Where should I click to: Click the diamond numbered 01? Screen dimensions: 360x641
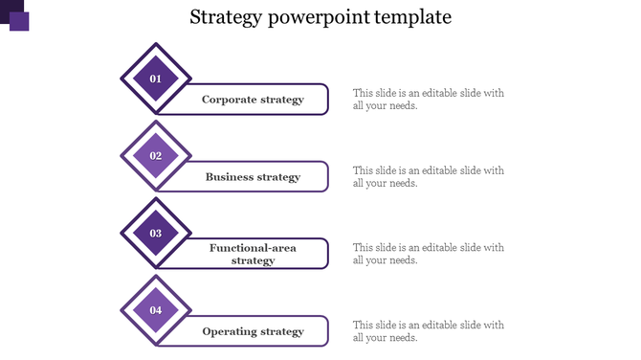pyautogui.click(x=156, y=79)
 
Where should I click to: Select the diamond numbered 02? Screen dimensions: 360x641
pyautogui.click(x=156, y=156)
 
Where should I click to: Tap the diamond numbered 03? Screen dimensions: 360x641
pyautogui.click(x=156, y=233)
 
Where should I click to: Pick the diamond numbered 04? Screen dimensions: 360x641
pyautogui.click(x=156, y=310)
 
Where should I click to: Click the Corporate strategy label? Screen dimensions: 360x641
pyautogui.click(x=253, y=100)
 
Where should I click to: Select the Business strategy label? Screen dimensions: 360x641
pyautogui.click(x=253, y=177)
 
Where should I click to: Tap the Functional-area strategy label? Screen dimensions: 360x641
pyautogui.click(x=253, y=254)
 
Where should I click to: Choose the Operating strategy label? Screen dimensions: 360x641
pyautogui.click(x=253, y=331)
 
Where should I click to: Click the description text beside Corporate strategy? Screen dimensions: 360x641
pyautogui.click(x=428, y=100)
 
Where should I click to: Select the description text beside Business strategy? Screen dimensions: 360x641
pyautogui.click(x=428, y=177)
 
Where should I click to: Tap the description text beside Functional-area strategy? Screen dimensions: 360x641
pyautogui.click(x=428, y=254)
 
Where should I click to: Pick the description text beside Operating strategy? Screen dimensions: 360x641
pyautogui.click(x=428, y=331)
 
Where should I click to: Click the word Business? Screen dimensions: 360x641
pyautogui.click(x=230, y=177)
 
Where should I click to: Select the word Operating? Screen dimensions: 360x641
pyautogui.click(x=230, y=331)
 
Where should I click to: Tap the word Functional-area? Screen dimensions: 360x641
pyautogui.click(x=253, y=248)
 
